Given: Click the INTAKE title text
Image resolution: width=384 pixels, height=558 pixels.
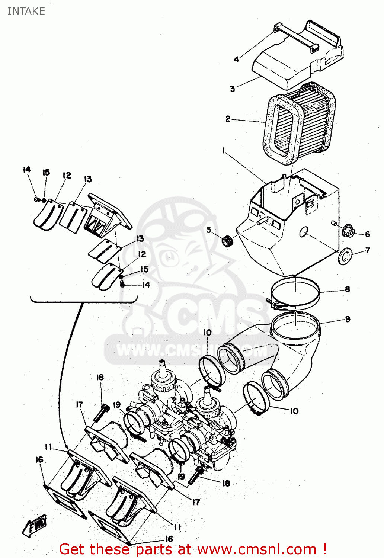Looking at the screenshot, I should pyautogui.click(x=26, y=11).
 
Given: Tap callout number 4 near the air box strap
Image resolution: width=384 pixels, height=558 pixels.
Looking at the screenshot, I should pyautogui.click(x=236, y=59).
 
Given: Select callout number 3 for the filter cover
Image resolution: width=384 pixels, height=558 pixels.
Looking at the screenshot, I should pyautogui.click(x=233, y=89).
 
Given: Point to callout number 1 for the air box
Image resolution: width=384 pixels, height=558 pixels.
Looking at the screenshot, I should pyautogui.click(x=223, y=150).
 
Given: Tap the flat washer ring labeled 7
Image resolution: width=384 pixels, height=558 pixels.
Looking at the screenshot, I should pyautogui.click(x=345, y=256).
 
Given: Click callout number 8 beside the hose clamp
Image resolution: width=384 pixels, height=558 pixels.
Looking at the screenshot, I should pyautogui.click(x=347, y=289).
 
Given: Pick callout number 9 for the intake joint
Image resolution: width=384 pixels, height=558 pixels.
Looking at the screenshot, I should pyautogui.click(x=348, y=319).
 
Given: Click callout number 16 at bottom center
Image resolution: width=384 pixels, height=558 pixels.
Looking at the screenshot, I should pyautogui.click(x=169, y=539).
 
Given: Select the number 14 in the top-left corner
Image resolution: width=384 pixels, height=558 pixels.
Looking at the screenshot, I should pyautogui.click(x=26, y=170).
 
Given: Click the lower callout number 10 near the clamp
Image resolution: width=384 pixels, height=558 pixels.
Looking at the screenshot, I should pyautogui.click(x=294, y=411).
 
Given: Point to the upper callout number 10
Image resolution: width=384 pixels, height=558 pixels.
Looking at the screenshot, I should pyautogui.click(x=207, y=332).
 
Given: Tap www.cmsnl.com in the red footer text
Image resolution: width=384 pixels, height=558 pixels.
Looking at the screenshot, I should pyautogui.click(x=257, y=549).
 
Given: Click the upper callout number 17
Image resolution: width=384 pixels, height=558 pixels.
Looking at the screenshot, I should pyautogui.click(x=80, y=405).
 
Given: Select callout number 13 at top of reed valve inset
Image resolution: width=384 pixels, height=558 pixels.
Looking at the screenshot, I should pyautogui.click(x=88, y=179).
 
